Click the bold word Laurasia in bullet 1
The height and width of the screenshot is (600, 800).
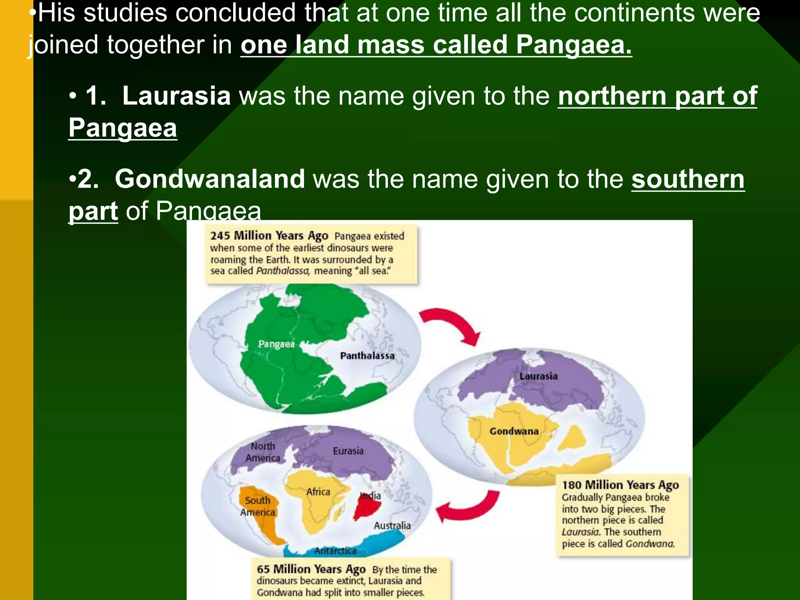(176, 96)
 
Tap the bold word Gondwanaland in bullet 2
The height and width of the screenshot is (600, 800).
(210, 179)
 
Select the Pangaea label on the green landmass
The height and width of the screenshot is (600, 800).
(276, 344)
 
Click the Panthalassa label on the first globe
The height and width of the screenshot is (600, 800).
(367, 355)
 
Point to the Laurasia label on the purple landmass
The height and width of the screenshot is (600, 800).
(538, 376)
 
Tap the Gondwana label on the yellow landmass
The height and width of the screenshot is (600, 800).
(514, 431)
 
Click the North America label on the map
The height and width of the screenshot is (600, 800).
(263, 452)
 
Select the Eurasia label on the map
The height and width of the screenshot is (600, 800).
(348, 451)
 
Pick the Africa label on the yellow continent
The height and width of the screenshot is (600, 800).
(318, 492)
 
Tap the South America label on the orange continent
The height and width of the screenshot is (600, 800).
(257, 506)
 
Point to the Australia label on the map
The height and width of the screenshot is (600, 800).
(392, 526)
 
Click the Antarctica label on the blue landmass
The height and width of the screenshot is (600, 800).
(335, 551)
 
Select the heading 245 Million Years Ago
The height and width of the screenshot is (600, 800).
(269, 236)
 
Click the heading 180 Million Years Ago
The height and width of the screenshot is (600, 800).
(620, 485)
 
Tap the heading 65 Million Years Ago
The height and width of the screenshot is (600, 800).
(311, 569)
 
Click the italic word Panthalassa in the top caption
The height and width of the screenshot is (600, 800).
(283, 271)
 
